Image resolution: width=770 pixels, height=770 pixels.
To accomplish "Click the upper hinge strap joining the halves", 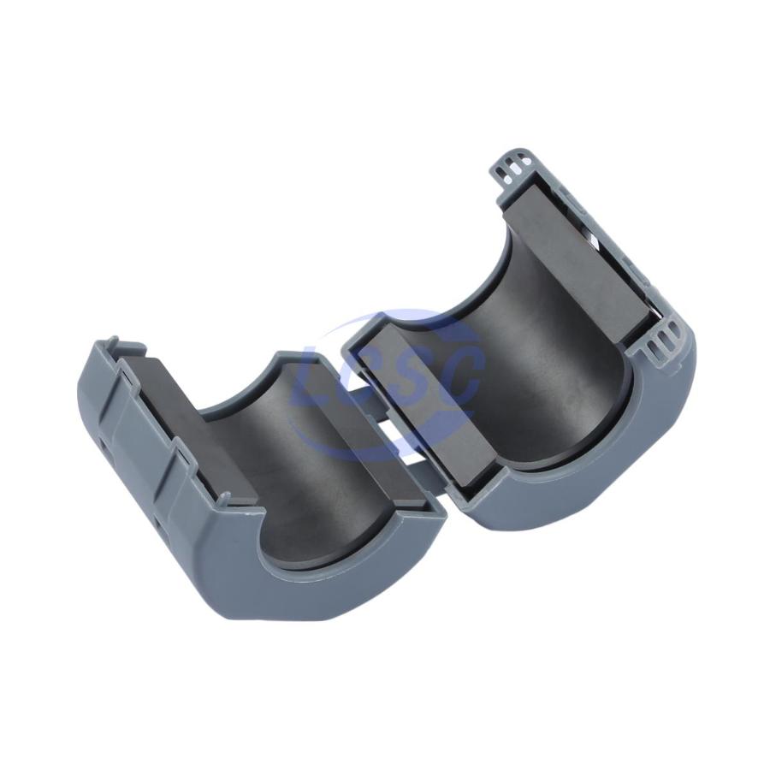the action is pyautogui.click(x=368, y=392).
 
